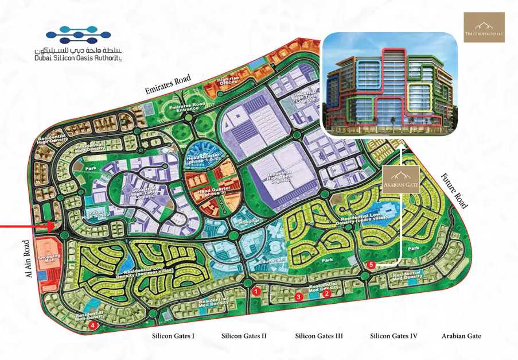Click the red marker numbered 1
(256, 292)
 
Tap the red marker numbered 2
(326, 293)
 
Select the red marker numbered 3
(298, 297)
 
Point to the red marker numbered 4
(94, 326)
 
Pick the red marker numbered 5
(371, 265)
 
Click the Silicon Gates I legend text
(173, 336)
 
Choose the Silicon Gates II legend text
(244, 336)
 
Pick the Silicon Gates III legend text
(319, 336)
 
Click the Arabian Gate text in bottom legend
(461, 336)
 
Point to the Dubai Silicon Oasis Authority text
(77, 57)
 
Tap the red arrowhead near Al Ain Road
(51, 227)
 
